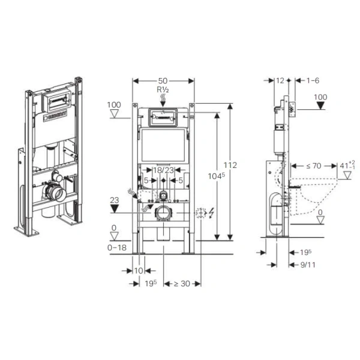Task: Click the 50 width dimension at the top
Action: point(163,80)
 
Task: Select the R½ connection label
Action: point(163,91)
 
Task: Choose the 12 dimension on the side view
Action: point(280,80)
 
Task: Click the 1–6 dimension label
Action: point(313,80)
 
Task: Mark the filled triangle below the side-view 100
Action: point(321,106)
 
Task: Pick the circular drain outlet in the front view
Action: point(163,212)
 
